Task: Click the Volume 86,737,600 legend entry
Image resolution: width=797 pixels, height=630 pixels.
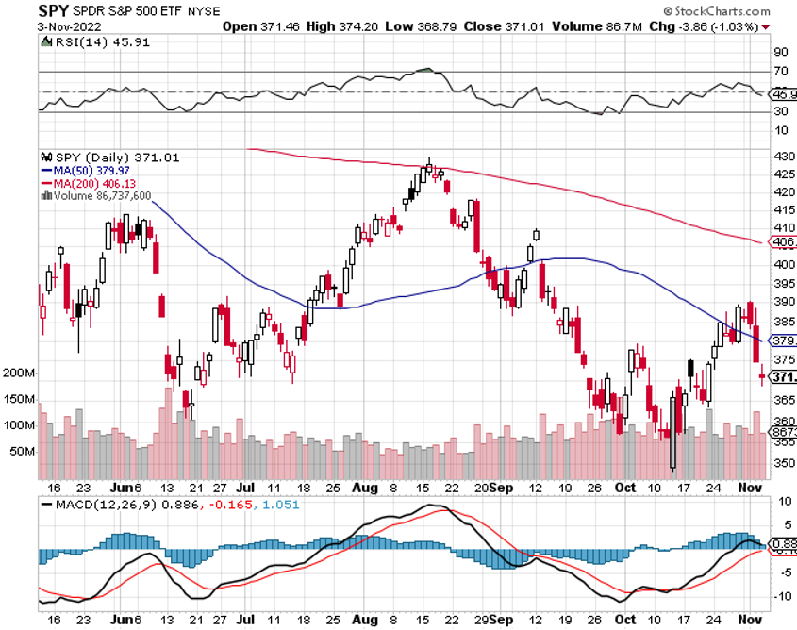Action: point(101,195)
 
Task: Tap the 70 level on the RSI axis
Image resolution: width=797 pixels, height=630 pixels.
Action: point(780,71)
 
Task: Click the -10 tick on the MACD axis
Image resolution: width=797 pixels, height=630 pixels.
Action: point(780,596)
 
